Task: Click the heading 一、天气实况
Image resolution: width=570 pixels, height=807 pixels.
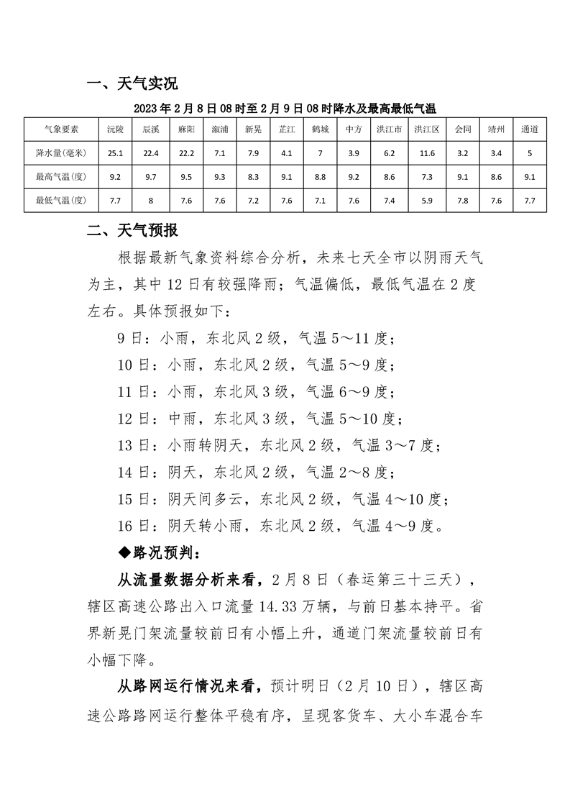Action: tap(132, 84)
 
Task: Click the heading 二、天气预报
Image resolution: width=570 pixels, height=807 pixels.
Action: tap(132, 231)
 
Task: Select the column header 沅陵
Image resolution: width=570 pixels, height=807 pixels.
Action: tap(116, 130)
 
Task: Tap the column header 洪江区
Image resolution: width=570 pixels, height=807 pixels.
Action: tap(427, 130)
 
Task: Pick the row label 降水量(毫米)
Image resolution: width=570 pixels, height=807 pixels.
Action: tap(61, 153)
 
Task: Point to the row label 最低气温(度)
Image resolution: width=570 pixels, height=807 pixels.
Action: tap(61, 200)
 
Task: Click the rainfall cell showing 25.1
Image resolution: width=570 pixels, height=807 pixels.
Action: tap(116, 153)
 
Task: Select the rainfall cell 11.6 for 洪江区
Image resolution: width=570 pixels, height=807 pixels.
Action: tap(427, 153)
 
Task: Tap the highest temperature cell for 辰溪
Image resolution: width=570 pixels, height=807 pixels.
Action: tap(150, 176)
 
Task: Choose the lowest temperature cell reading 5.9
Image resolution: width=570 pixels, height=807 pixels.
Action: tap(427, 200)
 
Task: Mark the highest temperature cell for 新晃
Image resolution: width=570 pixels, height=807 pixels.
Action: tap(253, 176)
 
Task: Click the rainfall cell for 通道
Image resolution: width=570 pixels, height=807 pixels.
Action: tap(530, 153)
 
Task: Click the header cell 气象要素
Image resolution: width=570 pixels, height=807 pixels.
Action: tap(61, 130)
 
